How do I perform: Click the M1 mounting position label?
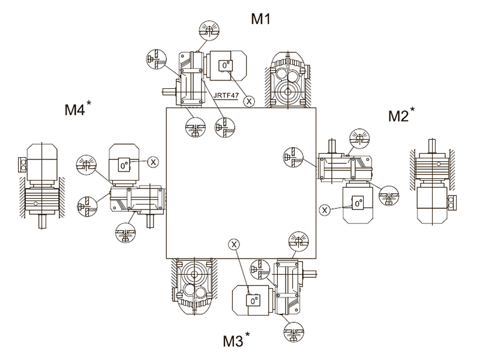click(x=261, y=19)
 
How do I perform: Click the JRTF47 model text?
click(x=226, y=95)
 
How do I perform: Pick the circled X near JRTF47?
click(x=249, y=101)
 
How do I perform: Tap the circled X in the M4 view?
click(x=153, y=162)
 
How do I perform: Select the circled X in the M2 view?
click(x=325, y=210)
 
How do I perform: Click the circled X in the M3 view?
click(x=234, y=245)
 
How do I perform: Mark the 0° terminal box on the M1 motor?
click(x=226, y=65)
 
